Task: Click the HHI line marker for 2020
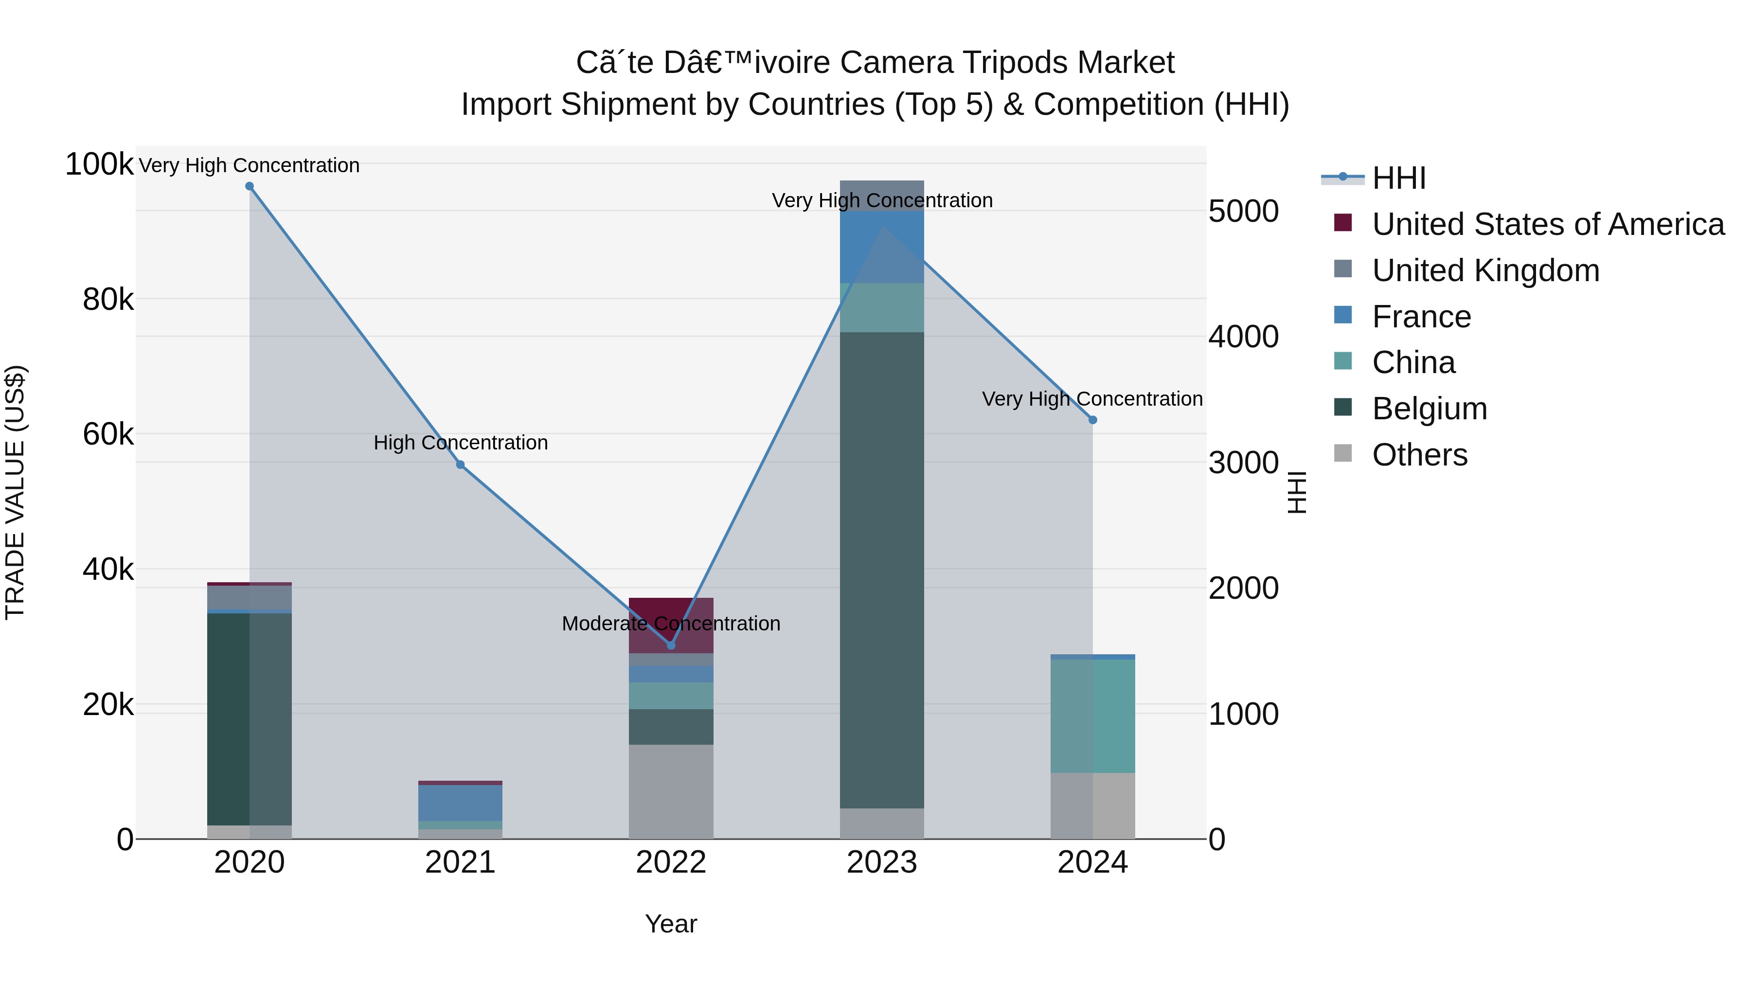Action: point(250,186)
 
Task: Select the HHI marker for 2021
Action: point(460,465)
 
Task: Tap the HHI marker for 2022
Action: point(671,645)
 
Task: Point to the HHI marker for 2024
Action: point(1092,420)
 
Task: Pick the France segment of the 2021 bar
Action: point(460,803)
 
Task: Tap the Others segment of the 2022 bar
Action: point(671,791)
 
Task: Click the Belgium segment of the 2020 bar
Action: point(250,719)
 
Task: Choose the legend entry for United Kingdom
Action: point(1485,270)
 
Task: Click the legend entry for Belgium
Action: point(1429,409)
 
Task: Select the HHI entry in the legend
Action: point(1398,178)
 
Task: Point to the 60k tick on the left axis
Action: point(107,434)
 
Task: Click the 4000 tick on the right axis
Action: point(1243,337)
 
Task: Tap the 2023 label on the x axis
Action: point(882,862)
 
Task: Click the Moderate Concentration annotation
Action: point(671,624)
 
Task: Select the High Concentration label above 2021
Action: point(460,443)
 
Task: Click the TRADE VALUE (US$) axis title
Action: point(15,492)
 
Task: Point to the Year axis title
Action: point(671,924)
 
